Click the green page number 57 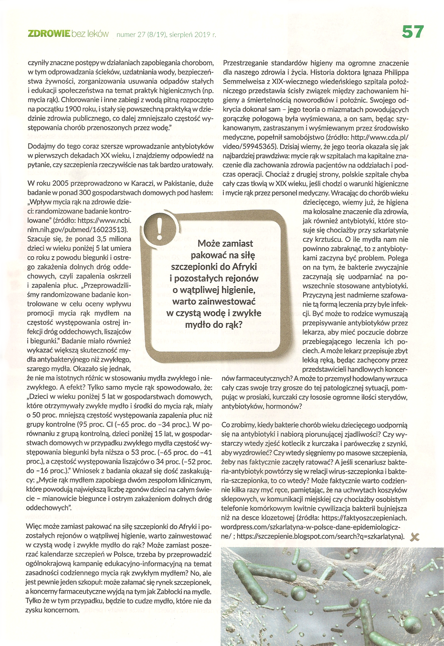pyautogui.click(x=412, y=32)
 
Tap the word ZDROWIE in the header pyautogui.click(x=49, y=34)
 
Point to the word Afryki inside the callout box pyautogui.click(x=244, y=267)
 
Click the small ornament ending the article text pyautogui.click(x=414, y=537)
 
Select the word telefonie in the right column pyautogui.click(x=236, y=509)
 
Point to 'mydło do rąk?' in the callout pyautogui.click(x=213, y=325)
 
